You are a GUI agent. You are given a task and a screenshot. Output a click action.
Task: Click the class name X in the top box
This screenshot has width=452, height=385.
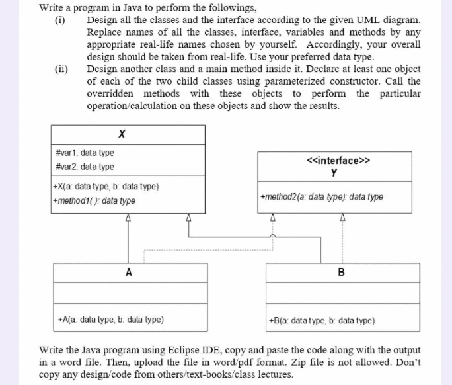pos(122,134)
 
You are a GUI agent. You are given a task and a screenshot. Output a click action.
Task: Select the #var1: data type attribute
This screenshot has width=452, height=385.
pos(85,153)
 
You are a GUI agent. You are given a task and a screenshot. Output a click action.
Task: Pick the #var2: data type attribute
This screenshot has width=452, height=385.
pos(85,167)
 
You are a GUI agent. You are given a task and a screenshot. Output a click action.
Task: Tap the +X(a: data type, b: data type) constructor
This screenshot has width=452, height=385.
pos(106,187)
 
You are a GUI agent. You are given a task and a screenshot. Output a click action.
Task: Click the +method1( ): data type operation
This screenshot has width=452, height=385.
pos(94,200)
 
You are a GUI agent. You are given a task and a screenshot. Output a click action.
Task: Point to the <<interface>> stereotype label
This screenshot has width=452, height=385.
pos(338,161)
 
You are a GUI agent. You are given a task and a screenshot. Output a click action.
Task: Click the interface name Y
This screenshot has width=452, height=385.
pos(334,173)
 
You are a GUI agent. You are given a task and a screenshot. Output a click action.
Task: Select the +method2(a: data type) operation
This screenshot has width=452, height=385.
pos(322,197)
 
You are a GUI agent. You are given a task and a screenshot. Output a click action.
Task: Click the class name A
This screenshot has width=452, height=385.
pos(129,272)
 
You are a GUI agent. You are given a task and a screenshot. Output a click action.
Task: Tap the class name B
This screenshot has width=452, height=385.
pos(341,272)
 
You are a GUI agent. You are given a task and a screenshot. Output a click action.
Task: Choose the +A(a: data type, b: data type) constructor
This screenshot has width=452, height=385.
pos(111,320)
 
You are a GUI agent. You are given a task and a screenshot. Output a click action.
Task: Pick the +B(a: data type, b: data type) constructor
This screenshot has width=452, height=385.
pos(322,321)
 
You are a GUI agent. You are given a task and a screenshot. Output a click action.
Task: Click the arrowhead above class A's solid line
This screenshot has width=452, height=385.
pos(128,218)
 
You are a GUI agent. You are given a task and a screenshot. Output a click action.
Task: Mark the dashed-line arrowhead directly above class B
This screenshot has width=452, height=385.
pos(342,217)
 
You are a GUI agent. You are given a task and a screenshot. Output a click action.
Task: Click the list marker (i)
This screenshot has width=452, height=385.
pos(60,21)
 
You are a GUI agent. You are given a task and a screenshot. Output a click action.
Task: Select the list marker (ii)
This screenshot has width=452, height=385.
pos(61,69)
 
